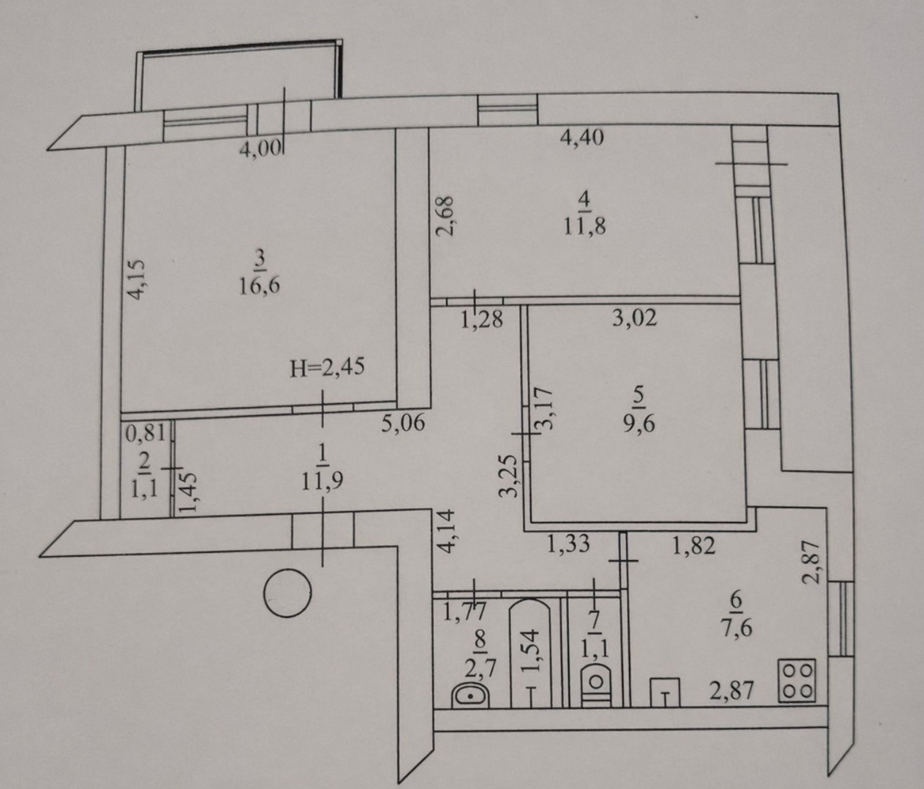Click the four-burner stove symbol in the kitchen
[797, 681]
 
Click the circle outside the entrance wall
[287, 593]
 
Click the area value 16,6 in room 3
[260, 285]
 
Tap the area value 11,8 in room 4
[584, 226]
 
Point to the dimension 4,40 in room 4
[583, 137]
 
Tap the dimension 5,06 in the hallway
[403, 423]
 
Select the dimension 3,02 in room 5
[635, 317]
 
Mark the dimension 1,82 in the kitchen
[694, 545]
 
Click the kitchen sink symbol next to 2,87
[665, 692]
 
